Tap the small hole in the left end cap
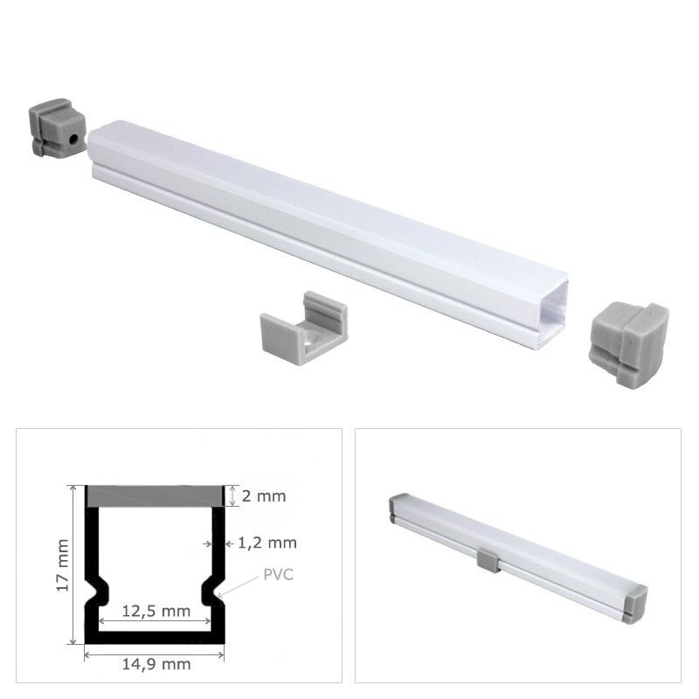69,138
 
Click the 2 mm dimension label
264,496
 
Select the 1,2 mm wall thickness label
267,543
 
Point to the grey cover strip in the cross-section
155,495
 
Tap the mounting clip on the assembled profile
488,558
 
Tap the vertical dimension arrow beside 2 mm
232,496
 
